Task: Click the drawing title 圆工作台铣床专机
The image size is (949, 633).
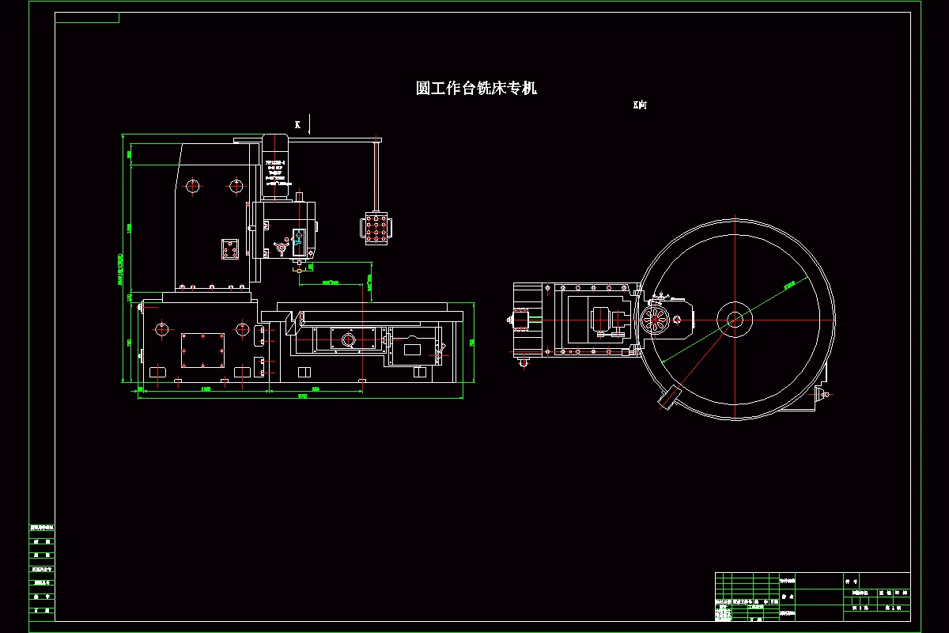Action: point(476,88)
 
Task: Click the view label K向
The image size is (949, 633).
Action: point(640,104)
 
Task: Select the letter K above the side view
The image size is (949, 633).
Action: point(297,124)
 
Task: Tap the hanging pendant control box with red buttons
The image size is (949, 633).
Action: point(376,229)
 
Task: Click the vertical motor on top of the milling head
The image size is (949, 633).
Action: point(275,166)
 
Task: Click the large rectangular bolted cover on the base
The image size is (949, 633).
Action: point(202,350)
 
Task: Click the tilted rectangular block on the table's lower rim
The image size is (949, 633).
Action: point(669,397)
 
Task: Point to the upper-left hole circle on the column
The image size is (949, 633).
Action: point(192,187)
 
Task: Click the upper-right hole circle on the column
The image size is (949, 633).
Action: point(236,187)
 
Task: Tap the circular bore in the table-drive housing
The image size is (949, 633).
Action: point(346,340)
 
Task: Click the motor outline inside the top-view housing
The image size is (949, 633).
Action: point(605,320)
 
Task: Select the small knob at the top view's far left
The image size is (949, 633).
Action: point(508,320)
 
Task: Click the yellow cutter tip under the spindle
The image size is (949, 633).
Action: point(300,270)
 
